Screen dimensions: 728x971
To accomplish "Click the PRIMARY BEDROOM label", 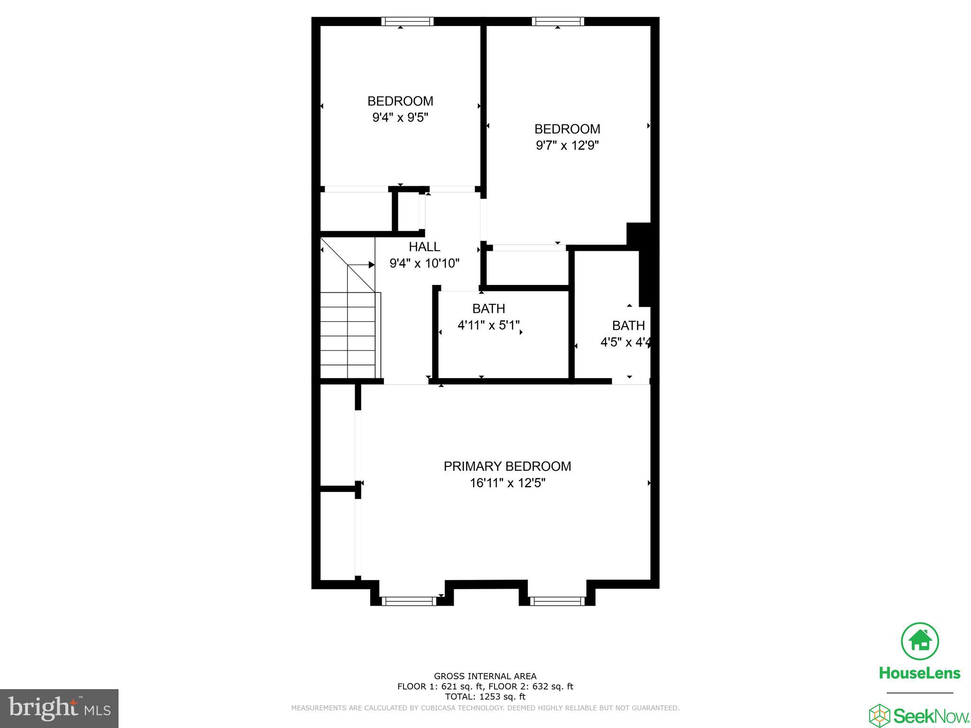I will [x=507, y=466].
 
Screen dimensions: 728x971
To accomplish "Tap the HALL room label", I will [x=424, y=246].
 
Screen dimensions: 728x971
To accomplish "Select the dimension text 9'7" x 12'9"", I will [x=567, y=145].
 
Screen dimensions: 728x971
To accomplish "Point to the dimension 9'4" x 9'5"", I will [x=400, y=117].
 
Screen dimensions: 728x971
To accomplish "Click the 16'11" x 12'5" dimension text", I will [x=507, y=483].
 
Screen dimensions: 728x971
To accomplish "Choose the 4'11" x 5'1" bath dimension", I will [x=488, y=325].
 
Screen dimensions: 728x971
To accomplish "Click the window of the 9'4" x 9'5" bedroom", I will [x=407, y=21].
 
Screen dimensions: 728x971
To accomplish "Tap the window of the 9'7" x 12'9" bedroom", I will [x=558, y=21].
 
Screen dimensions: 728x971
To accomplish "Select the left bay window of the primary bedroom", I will [x=408, y=601].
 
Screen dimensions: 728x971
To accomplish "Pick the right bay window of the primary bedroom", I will [x=557, y=601].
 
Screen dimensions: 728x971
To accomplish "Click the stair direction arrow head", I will [x=372, y=264].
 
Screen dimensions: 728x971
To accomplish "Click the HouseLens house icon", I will [x=920, y=642].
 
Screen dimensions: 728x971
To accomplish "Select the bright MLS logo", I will [x=59, y=708].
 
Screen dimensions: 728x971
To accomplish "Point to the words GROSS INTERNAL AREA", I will [x=485, y=676].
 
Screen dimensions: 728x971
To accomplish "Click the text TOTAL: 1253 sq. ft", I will [x=485, y=697].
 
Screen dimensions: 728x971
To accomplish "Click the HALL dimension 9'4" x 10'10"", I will [x=424, y=263].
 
